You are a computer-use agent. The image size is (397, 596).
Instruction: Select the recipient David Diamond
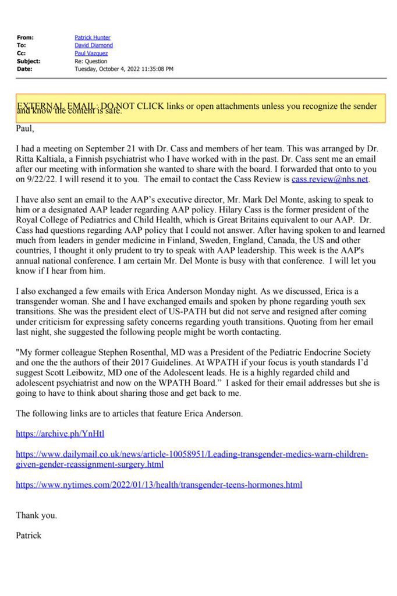pyautogui.click(x=94, y=45)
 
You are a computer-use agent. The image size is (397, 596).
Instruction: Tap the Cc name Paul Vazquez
pyautogui.click(x=91, y=53)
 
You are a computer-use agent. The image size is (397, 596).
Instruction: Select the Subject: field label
pyautogui.click(x=29, y=61)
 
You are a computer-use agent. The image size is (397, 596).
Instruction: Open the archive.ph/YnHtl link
pyautogui.click(x=60, y=433)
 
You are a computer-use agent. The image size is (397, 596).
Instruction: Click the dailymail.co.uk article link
pyautogui.click(x=192, y=459)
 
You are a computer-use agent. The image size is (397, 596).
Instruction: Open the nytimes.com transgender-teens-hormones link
pyautogui.click(x=159, y=484)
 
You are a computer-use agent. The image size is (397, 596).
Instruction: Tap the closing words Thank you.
pyautogui.click(x=36, y=515)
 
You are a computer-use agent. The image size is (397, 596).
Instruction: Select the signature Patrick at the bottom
pyautogui.click(x=29, y=535)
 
